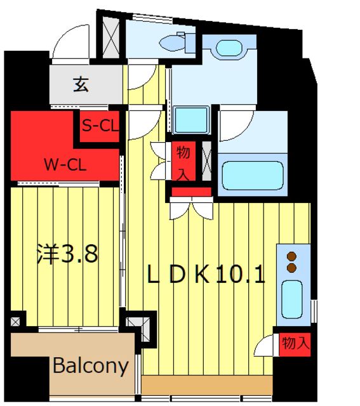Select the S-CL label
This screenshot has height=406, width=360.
click(x=100, y=126)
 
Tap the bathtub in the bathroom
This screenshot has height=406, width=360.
click(x=250, y=178)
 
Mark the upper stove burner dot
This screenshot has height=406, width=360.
click(x=292, y=256)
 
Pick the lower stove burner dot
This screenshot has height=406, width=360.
click(x=292, y=268)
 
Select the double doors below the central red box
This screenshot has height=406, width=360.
click(x=191, y=209)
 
